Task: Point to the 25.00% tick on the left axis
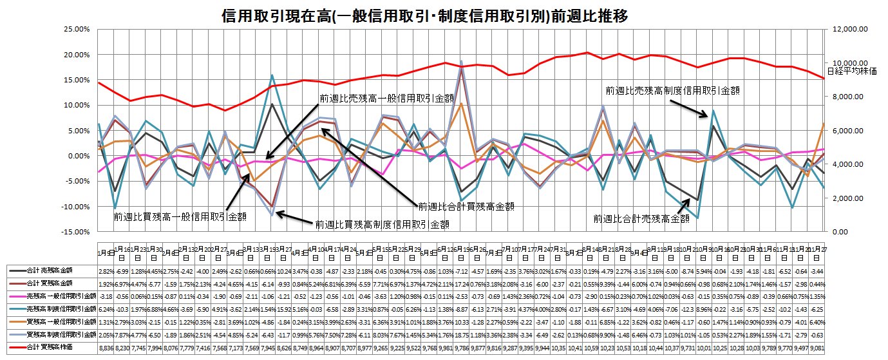72,30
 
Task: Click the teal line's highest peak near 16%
272,75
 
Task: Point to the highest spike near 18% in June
461,61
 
